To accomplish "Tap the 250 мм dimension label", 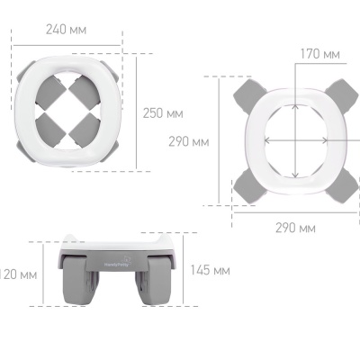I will coord(163,113).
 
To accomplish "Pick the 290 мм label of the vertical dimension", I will coord(188,141).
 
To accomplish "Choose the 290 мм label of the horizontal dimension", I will coord(295,227).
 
